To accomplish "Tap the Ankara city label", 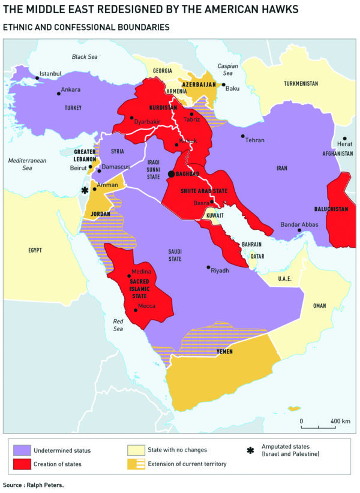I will pos(71,90).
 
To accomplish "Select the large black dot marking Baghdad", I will pos(172,173).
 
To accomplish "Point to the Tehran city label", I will pos(255,140).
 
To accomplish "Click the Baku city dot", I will pos(224,85).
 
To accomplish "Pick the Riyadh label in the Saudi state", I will pos(220,270).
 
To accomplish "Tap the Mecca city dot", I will pos(135,310).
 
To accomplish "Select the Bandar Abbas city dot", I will pos(299,230).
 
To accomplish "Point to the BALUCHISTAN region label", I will pos(331,209).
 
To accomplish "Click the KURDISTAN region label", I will pos(163,107).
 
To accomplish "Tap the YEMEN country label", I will pos(224,351).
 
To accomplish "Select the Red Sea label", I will pos(118,324).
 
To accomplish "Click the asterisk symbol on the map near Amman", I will pos(85,191).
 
